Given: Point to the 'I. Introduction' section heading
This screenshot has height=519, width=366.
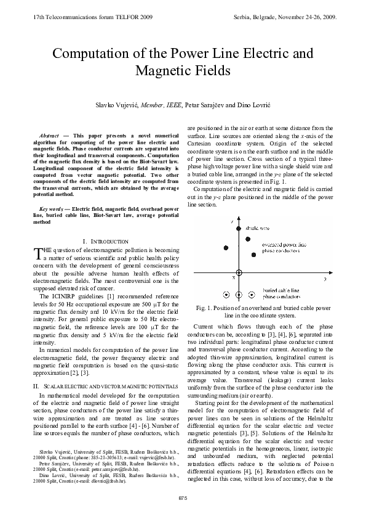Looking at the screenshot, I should [105, 240].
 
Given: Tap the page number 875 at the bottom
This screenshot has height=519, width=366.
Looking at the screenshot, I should [183, 497].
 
